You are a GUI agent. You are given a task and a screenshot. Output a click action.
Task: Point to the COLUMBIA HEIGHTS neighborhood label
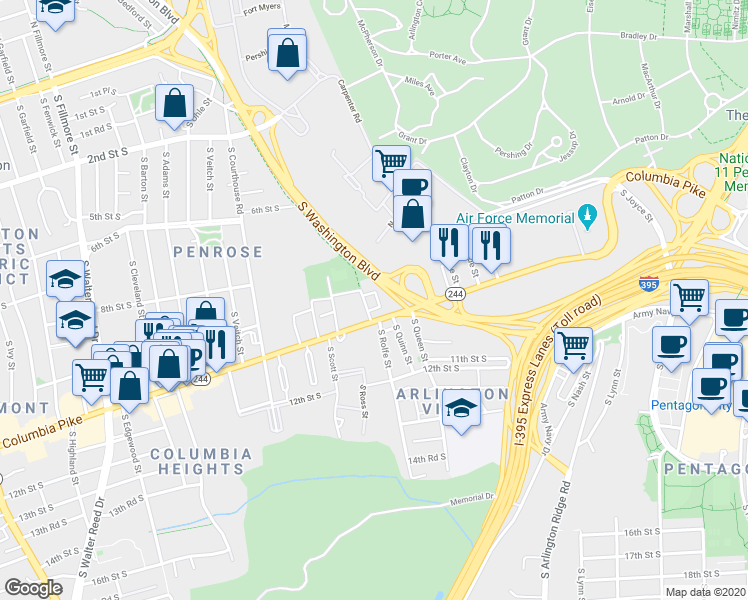[202, 461]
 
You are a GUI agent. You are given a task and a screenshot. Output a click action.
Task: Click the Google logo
[33, 587]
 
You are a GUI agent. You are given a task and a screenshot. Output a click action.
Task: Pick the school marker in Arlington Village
[461, 408]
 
